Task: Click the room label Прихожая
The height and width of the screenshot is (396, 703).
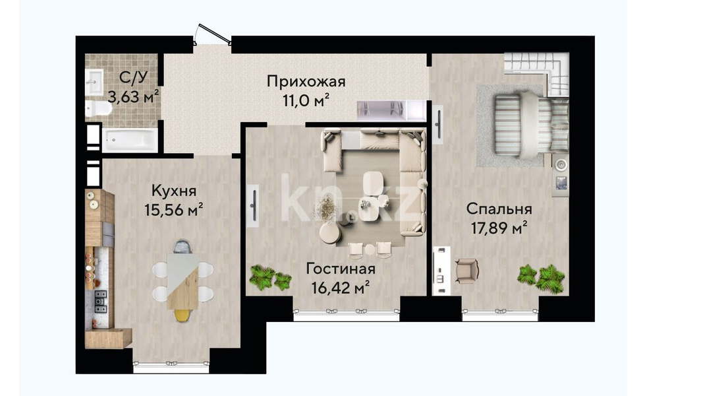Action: (306, 82)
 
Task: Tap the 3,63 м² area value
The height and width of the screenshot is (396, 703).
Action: (133, 96)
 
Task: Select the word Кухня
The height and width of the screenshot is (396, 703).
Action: (174, 191)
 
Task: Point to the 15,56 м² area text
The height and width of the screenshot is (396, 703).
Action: (174, 210)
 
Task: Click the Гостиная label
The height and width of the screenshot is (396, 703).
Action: (340, 269)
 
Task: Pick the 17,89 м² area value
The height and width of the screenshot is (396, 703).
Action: (499, 228)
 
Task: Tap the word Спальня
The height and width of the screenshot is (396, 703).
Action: (499, 209)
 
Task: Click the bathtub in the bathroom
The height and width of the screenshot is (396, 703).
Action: (130, 140)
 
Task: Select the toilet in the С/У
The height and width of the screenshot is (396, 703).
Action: (99, 108)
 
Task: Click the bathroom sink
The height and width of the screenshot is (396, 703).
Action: (94, 82)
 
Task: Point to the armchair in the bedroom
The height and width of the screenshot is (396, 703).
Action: (466, 271)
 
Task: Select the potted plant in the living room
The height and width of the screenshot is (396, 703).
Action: (270, 277)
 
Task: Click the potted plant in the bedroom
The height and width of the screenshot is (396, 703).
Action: (541, 279)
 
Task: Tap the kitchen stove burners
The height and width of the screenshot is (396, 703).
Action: (100, 302)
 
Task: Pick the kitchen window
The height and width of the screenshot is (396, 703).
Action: (171, 366)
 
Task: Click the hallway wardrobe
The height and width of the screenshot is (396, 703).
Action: (391, 110)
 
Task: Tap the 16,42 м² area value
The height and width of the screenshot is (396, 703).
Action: (340, 288)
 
